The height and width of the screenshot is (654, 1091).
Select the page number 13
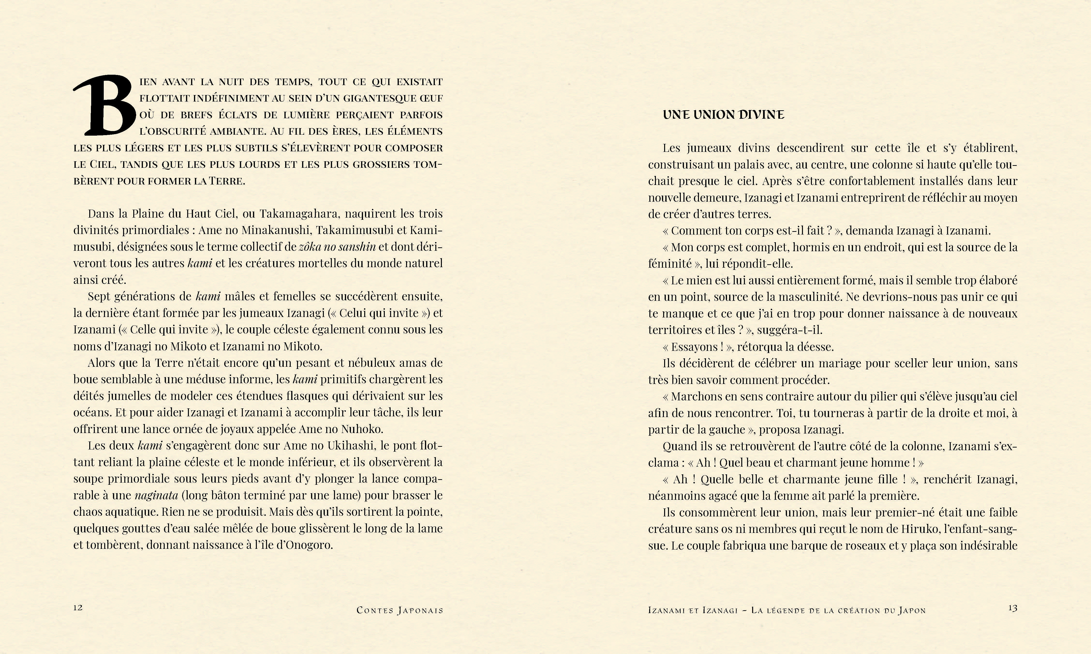(x=1013, y=608)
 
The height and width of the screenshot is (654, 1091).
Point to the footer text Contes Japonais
(x=399, y=610)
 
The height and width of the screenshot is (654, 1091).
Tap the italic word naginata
(x=156, y=495)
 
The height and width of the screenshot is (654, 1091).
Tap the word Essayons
(x=695, y=347)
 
